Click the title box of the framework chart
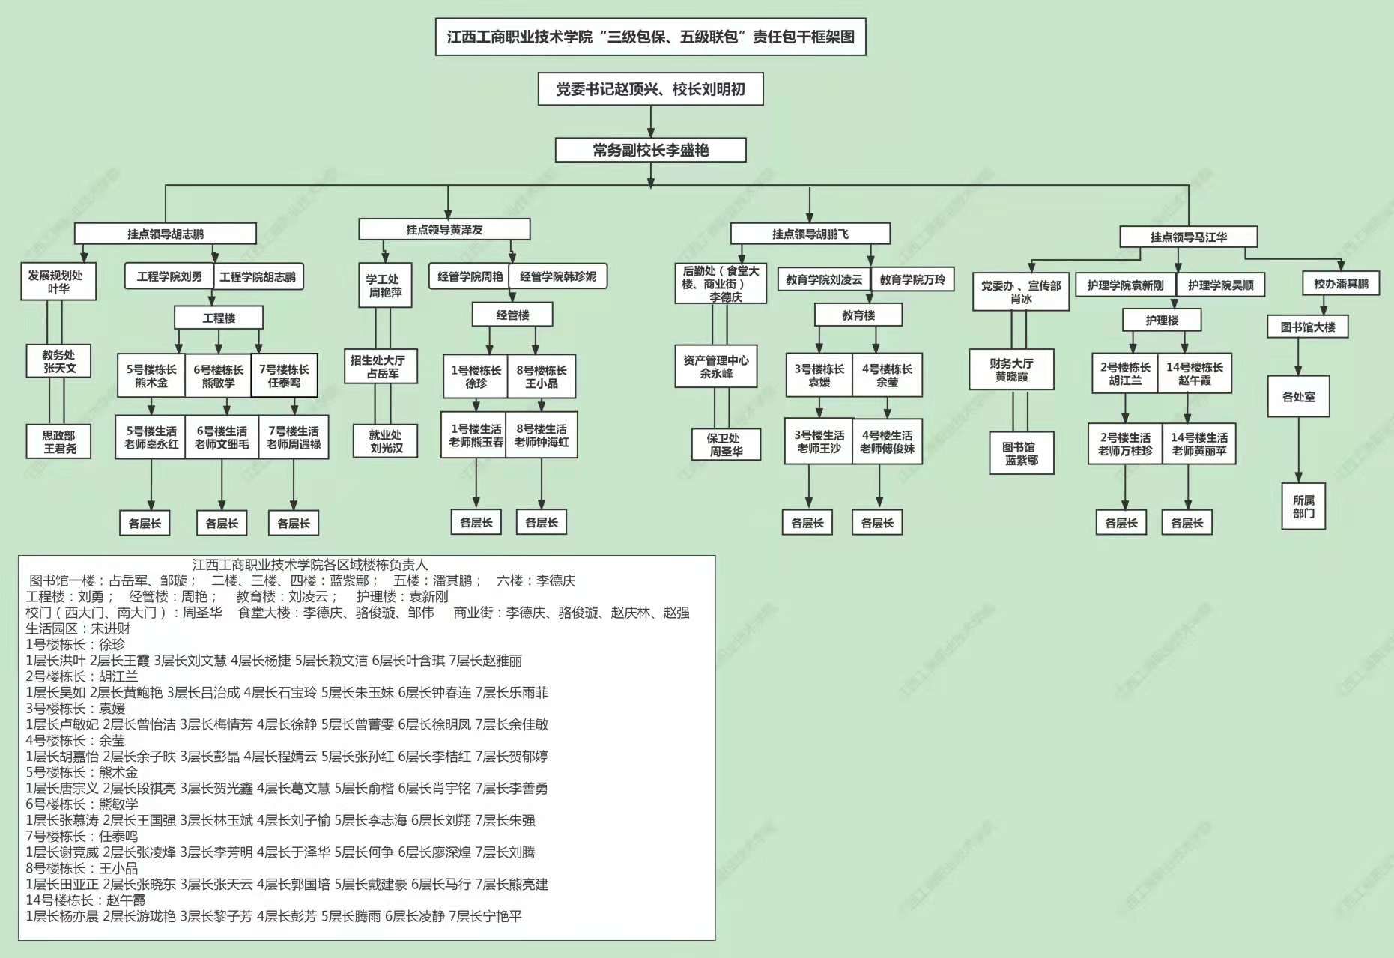[650, 37]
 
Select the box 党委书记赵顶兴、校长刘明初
[650, 89]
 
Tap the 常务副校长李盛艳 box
[650, 150]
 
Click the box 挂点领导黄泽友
[444, 229]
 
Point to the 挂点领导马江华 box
[1188, 237]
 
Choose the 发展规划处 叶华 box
[58, 282]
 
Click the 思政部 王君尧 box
[60, 441]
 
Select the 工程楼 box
[219, 318]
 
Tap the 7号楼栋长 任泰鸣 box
[284, 375]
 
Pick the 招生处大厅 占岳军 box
[381, 366]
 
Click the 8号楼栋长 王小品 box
[541, 376]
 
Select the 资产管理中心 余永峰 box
[715, 366]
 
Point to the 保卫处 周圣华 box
[725, 444]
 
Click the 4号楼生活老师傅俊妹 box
[887, 441]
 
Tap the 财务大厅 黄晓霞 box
[1011, 369]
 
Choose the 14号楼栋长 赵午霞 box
[1194, 373]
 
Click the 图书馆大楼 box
[1307, 327]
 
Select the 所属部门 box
[1303, 506]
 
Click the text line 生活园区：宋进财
[78, 628]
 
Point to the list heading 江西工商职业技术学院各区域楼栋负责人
[310, 564]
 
